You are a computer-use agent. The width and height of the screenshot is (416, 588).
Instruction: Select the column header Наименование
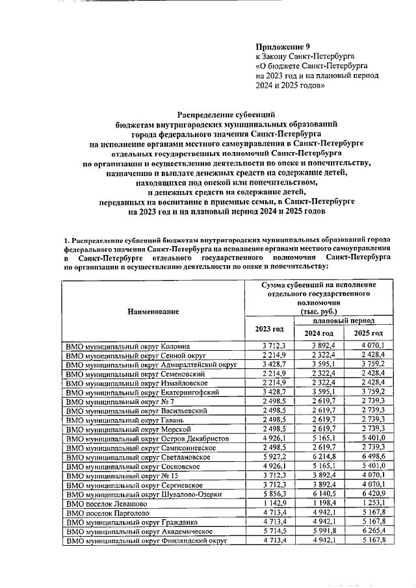[153, 312]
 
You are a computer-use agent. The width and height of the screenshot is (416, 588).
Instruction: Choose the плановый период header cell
[343, 321]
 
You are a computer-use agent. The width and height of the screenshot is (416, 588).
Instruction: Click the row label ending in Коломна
[127, 346]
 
